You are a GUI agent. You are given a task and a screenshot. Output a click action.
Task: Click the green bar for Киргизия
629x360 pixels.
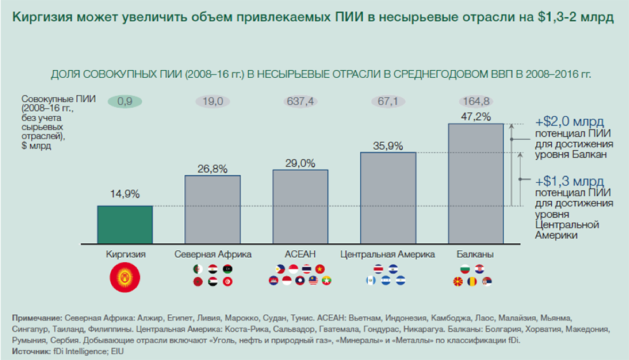(125, 224)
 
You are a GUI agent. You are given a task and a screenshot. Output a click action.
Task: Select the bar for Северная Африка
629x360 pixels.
(212, 209)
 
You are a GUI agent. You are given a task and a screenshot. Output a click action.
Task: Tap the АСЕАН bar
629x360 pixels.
(301, 206)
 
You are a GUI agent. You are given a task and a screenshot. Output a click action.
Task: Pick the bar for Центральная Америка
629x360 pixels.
(388, 197)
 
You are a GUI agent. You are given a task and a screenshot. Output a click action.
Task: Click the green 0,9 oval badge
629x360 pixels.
(125, 100)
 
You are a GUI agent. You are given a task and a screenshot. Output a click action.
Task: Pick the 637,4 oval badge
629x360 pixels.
(301, 100)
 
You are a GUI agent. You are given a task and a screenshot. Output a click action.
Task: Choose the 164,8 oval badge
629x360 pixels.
(476, 100)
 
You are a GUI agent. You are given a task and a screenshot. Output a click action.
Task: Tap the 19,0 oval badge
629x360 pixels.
(212, 100)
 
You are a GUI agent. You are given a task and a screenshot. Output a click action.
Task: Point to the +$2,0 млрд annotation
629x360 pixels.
(569, 121)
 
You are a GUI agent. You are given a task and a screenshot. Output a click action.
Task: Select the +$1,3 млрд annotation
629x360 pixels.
(569, 180)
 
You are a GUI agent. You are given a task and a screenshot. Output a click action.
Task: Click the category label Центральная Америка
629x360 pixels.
(388, 255)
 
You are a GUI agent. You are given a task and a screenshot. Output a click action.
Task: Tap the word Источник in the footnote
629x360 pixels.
(30, 350)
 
